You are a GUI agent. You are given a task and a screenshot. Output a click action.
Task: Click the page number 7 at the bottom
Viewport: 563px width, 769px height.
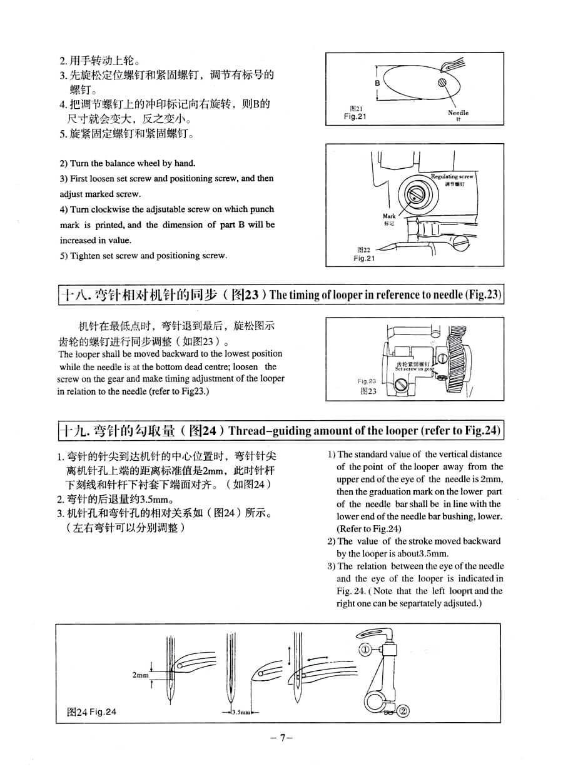pyautogui.click(x=282, y=738)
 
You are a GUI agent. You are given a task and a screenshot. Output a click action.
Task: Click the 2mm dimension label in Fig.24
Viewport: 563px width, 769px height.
pyautogui.click(x=141, y=675)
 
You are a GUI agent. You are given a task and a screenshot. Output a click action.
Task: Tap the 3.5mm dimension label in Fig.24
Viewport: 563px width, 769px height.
pyautogui.click(x=240, y=712)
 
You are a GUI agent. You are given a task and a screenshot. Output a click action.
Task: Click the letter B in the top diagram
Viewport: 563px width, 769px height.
pyautogui.click(x=378, y=83)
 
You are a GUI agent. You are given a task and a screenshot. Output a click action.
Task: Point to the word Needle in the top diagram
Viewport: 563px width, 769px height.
pyautogui.click(x=458, y=113)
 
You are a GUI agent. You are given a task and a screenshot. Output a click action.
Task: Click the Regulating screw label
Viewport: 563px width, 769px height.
pyautogui.click(x=452, y=177)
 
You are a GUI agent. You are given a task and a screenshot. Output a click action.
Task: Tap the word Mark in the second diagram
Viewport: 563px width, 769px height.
pyautogui.click(x=389, y=216)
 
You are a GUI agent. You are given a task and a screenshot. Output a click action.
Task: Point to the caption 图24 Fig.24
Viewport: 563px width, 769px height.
pyautogui.click(x=91, y=711)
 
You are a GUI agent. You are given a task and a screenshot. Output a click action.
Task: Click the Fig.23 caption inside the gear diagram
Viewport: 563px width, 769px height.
pyautogui.click(x=367, y=381)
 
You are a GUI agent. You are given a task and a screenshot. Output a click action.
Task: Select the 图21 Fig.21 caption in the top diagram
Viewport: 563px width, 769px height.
pyautogui.click(x=355, y=113)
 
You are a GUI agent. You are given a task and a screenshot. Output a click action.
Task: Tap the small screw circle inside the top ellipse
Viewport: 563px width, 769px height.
pyautogui.click(x=443, y=82)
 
